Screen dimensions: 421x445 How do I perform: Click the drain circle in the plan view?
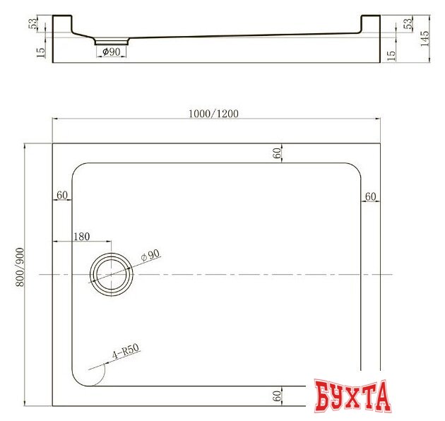111,274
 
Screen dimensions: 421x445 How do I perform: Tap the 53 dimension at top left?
32,24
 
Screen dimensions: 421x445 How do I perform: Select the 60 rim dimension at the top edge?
278,152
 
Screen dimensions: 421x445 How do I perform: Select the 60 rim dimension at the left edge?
61,195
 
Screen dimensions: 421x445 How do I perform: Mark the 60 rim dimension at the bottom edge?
278,396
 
